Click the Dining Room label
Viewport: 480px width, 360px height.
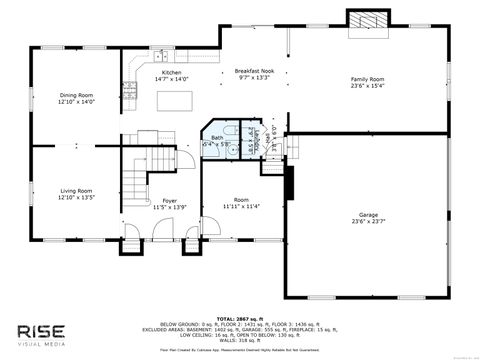(x=75, y=95)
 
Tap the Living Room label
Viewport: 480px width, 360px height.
(x=75, y=190)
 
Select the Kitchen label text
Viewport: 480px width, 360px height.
(x=172, y=73)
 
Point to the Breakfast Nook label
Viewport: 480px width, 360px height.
(x=253, y=72)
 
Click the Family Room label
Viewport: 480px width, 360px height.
(x=367, y=79)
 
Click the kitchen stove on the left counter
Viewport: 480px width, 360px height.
(x=130, y=91)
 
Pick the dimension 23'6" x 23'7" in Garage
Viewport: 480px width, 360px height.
(x=367, y=222)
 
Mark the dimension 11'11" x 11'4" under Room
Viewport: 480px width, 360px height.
(x=240, y=207)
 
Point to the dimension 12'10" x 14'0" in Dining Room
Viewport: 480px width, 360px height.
(x=75, y=102)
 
